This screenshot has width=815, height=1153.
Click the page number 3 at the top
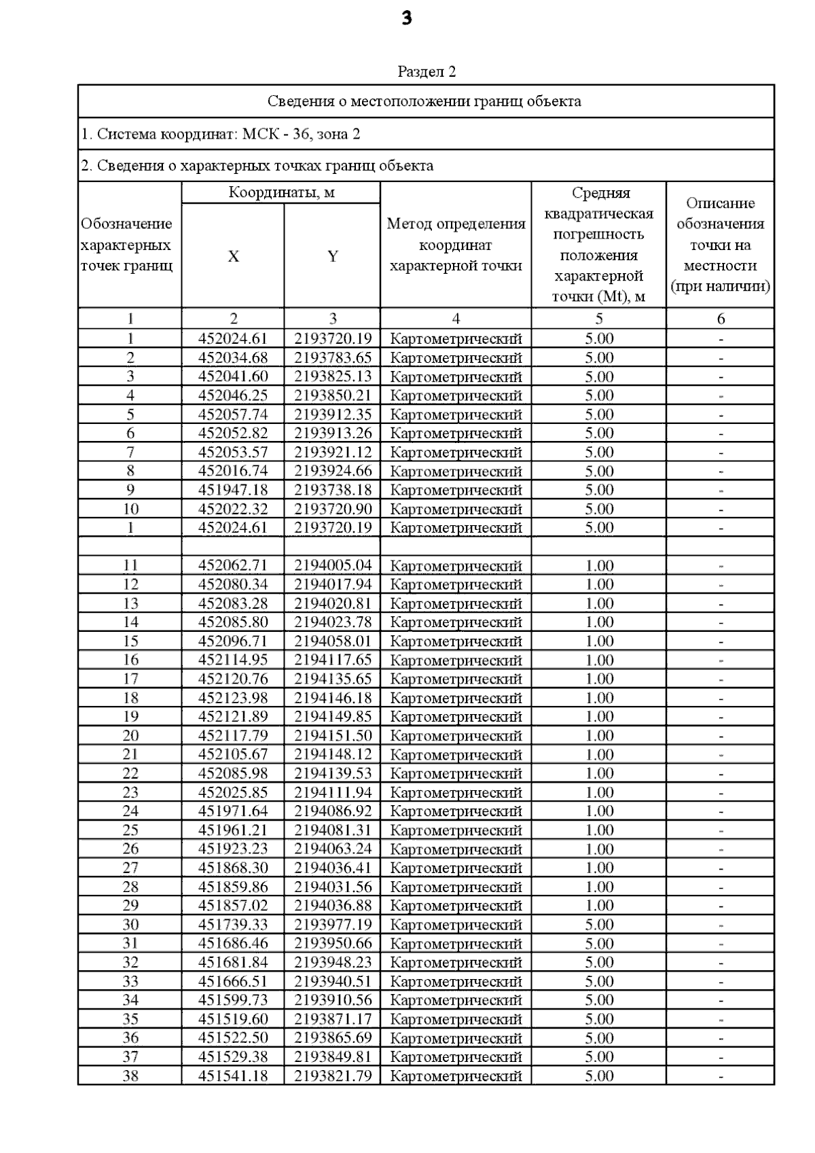point(407,18)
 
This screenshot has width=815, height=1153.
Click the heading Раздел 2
point(426,71)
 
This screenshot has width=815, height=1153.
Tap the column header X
point(233,256)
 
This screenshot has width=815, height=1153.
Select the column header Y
point(333,256)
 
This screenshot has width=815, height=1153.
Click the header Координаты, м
point(281,192)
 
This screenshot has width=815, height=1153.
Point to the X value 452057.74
point(233,414)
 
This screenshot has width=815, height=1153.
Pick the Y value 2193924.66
point(333,471)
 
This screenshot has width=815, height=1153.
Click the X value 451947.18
point(233,490)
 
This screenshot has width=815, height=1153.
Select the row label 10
point(130,509)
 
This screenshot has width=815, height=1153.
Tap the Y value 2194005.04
point(333,565)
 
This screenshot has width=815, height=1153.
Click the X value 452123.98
point(233,698)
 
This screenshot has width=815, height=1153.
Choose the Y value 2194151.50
point(333,735)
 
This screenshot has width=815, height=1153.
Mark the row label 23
point(130,792)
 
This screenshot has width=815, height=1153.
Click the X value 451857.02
point(233,905)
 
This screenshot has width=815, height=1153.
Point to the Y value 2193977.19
point(333,924)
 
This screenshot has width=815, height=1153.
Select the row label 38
point(130,1076)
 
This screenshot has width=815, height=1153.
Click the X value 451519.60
point(233,1018)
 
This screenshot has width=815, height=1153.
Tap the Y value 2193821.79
point(333,1076)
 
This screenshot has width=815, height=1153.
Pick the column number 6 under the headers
point(721,319)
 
